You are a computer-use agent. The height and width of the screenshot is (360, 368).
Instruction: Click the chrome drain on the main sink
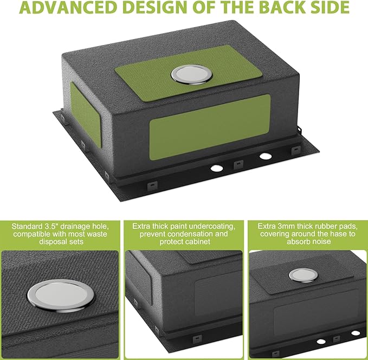click(191, 74)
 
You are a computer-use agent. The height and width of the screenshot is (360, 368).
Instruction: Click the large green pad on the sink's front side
click(210, 127)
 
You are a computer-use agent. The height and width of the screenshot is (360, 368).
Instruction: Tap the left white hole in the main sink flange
click(216, 168)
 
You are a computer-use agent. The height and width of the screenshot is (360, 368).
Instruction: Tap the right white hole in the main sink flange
click(266, 156)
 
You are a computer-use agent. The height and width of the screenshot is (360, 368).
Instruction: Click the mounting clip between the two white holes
click(238, 165)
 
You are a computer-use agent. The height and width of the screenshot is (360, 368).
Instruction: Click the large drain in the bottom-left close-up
click(61, 295)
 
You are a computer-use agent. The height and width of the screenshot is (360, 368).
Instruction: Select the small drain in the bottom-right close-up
click(303, 275)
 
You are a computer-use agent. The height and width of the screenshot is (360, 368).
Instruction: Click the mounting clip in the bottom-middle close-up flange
click(197, 339)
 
